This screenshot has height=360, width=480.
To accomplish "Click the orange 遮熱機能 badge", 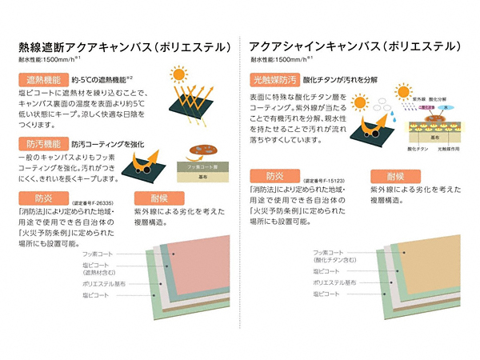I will click(x=41, y=81).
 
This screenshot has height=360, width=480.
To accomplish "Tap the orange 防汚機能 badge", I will click(x=41, y=145).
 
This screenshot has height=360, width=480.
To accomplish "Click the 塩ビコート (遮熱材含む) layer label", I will click(x=99, y=269).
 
